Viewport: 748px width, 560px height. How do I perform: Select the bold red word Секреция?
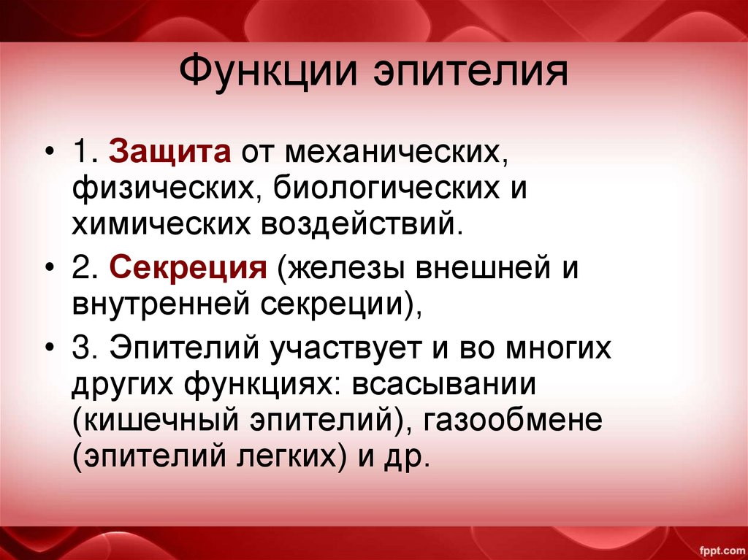click(x=188, y=269)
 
